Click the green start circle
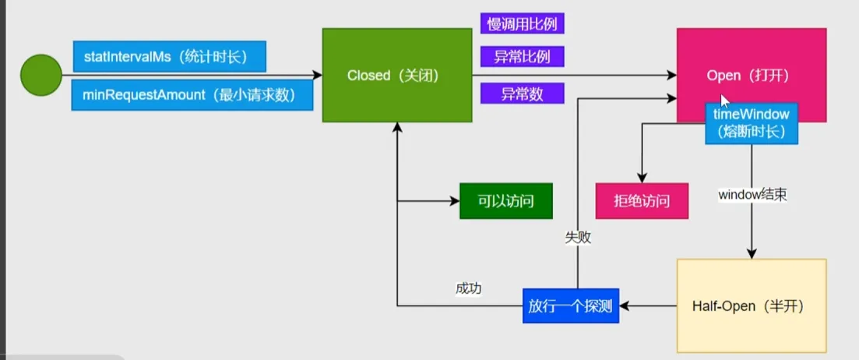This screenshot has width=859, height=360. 40,76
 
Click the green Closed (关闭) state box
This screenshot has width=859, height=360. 396,75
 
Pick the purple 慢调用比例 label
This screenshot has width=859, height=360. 522,23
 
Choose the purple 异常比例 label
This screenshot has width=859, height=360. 522,56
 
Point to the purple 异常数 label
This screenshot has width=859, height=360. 522,94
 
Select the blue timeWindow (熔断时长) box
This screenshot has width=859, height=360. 752,123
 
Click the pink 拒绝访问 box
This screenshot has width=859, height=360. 642,201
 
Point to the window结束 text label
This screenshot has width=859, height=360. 752,195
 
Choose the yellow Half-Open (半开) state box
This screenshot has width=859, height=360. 751,305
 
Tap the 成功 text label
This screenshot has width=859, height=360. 468,288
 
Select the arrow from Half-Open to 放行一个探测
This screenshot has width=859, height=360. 648,306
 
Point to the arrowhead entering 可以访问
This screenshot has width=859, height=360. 454,201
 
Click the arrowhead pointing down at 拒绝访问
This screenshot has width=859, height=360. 642,178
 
